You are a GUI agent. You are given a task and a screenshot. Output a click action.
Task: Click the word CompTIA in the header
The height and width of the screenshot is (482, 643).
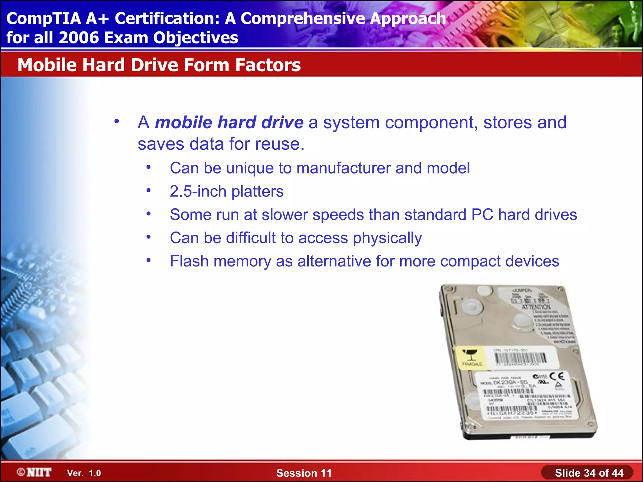pyautogui.click(x=44, y=19)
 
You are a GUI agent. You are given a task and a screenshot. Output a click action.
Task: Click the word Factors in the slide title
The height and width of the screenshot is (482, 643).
pyautogui.click(x=268, y=65)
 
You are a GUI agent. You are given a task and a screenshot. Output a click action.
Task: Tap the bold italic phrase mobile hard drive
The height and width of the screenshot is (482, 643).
pyautogui.click(x=229, y=122)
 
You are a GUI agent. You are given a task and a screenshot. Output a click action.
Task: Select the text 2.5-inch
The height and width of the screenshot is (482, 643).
pyautogui.click(x=198, y=191)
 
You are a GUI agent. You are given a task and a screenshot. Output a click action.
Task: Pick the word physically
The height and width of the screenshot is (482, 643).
pyautogui.click(x=387, y=238)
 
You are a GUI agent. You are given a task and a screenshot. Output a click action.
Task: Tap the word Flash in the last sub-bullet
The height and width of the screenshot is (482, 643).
pyautogui.click(x=189, y=261)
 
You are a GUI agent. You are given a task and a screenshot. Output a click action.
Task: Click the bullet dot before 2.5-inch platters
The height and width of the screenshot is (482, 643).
pyautogui.click(x=149, y=190)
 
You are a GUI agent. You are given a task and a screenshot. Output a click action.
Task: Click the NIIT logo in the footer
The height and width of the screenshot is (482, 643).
pyautogui.click(x=35, y=472)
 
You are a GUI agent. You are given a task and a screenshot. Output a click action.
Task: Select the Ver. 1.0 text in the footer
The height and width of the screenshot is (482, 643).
pyautogui.click(x=84, y=473)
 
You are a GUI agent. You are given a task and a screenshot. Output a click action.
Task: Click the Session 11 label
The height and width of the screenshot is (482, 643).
pyautogui.click(x=304, y=473)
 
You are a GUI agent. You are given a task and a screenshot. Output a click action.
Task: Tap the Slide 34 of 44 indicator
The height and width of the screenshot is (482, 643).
pyautogui.click(x=589, y=473)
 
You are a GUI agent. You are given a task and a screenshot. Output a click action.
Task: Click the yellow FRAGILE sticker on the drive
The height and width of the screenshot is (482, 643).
pyautogui.click(x=470, y=358)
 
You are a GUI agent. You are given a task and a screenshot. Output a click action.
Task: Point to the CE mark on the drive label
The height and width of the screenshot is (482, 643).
pyautogui.click(x=557, y=376)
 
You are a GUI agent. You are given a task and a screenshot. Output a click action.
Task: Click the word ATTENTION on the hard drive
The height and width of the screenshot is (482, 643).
pyautogui.click(x=536, y=307)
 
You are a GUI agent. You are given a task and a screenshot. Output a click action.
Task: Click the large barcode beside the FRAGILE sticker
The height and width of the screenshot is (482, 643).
pyautogui.click(x=521, y=358)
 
